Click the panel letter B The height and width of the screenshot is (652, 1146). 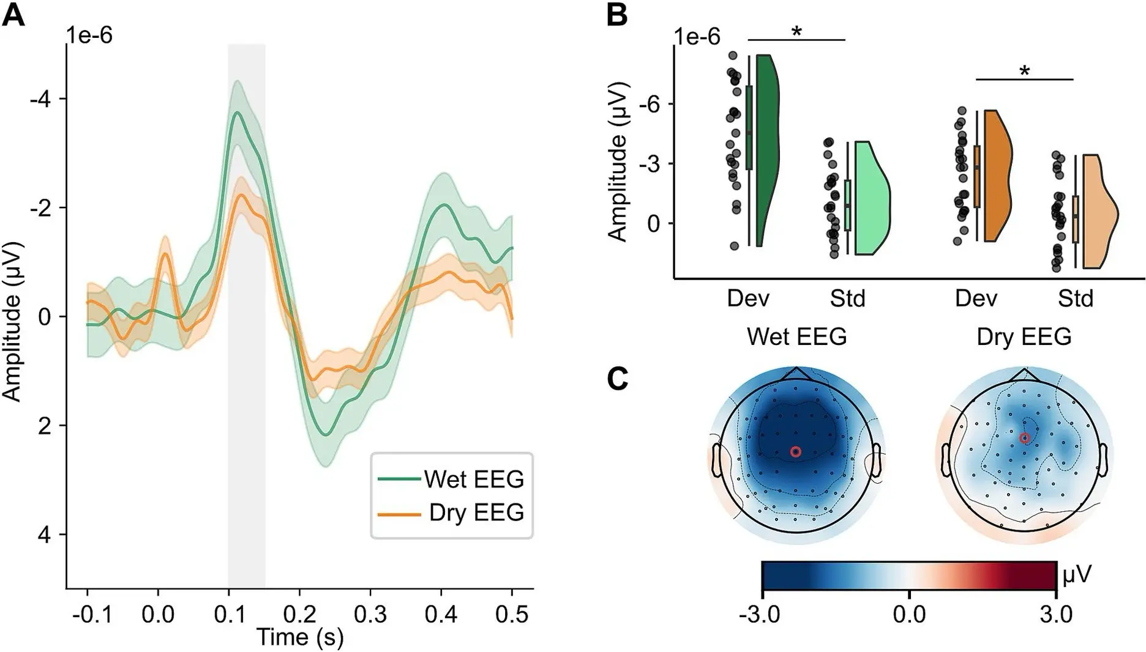(x=617, y=15)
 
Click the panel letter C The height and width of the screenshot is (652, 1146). (x=618, y=379)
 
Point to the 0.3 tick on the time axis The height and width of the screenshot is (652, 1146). (x=370, y=613)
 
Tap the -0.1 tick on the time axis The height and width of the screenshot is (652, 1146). (x=92, y=613)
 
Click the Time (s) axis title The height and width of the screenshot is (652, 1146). (x=299, y=637)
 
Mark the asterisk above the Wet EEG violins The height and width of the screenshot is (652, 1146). (x=796, y=32)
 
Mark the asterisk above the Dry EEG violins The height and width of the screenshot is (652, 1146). (x=1024, y=72)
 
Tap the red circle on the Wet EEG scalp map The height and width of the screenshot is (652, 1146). (x=795, y=451)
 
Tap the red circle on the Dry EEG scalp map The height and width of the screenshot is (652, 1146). (x=1024, y=437)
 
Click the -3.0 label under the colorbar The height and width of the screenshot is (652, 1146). (x=760, y=613)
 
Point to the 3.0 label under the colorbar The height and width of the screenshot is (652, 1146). (x=1056, y=613)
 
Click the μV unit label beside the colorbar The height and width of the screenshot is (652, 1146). (x=1077, y=575)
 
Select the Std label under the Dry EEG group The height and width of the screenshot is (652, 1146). (x=1076, y=298)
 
